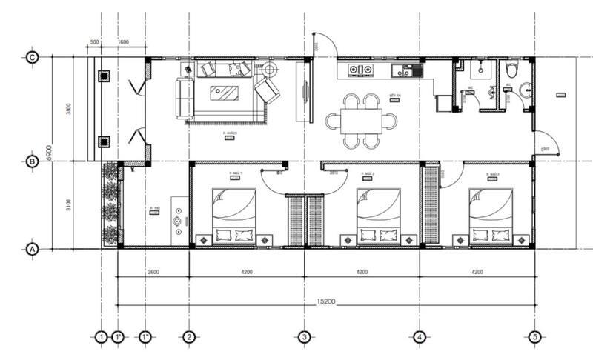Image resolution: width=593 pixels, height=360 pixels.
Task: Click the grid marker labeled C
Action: click(32, 57)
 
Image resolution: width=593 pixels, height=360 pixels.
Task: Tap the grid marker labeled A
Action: click(32, 250)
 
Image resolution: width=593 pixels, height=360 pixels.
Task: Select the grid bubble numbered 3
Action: click(303, 338)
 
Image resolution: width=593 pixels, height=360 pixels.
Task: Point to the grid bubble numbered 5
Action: click(534, 338)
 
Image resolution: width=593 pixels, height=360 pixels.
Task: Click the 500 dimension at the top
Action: click(95, 43)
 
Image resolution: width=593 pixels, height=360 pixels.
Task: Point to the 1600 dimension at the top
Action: click(123, 43)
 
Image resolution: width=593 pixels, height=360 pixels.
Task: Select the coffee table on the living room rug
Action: click(225, 93)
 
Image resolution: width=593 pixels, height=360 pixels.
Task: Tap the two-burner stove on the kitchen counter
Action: click(360, 71)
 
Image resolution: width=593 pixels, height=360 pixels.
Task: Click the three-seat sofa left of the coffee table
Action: click(184, 98)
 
